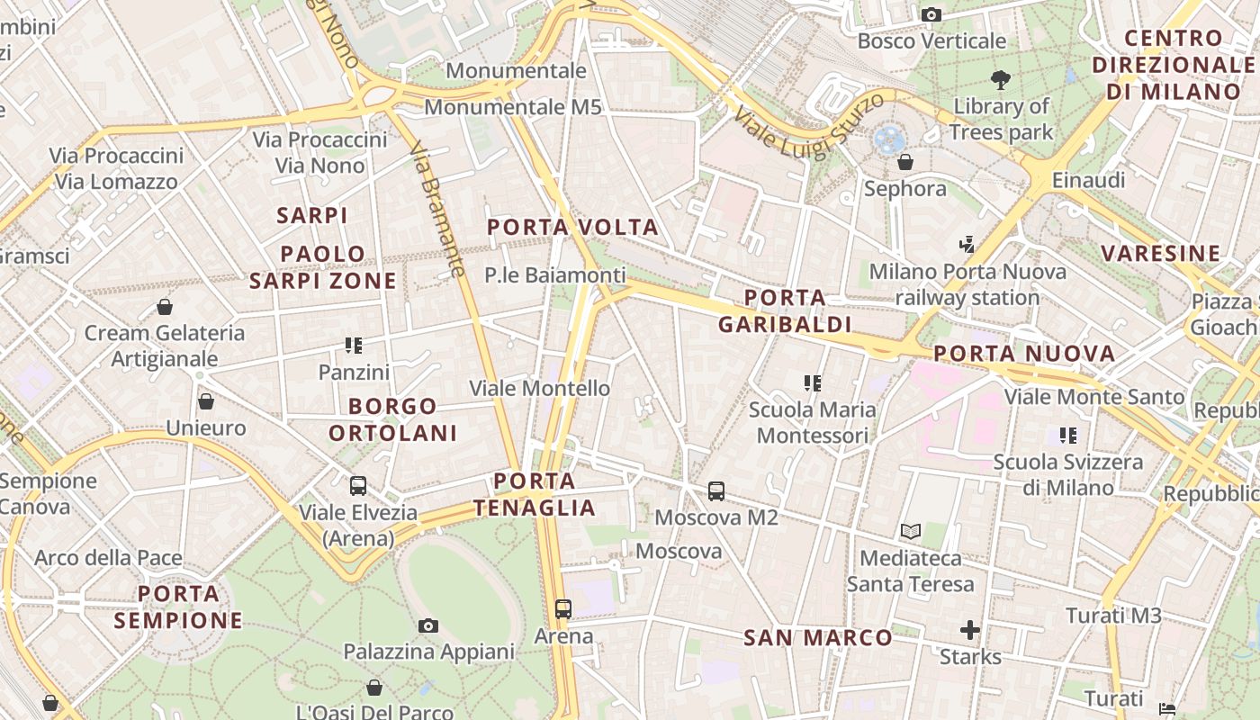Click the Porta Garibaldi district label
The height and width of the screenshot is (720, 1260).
[x=785, y=310]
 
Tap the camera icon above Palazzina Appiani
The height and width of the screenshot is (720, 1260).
[x=428, y=625]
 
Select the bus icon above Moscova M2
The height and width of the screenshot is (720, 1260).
[x=716, y=491]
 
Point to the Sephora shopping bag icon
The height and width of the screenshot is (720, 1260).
[x=905, y=162]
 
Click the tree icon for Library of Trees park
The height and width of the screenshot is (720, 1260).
[x=1000, y=80]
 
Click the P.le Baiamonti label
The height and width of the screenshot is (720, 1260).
[x=554, y=275]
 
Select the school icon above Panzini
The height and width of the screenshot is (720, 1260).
[x=354, y=346]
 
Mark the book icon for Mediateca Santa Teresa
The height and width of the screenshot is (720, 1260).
[x=911, y=532]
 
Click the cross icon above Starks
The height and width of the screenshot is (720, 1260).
[x=970, y=630]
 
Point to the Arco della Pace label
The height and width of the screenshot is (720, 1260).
[x=108, y=558]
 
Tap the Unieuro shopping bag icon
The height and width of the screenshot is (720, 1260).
[x=206, y=401]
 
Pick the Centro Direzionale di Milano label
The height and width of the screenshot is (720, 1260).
[x=1174, y=65]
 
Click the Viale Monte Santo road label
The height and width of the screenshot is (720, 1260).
[x=1094, y=397]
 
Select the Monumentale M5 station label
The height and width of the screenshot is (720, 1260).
[x=512, y=107]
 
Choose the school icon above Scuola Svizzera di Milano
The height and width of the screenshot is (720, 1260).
[x=1068, y=436]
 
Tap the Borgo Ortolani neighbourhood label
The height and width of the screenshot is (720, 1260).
[x=392, y=419]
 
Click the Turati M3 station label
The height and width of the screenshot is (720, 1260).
[x=1113, y=616]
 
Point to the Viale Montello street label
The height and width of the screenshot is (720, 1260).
[x=540, y=389]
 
